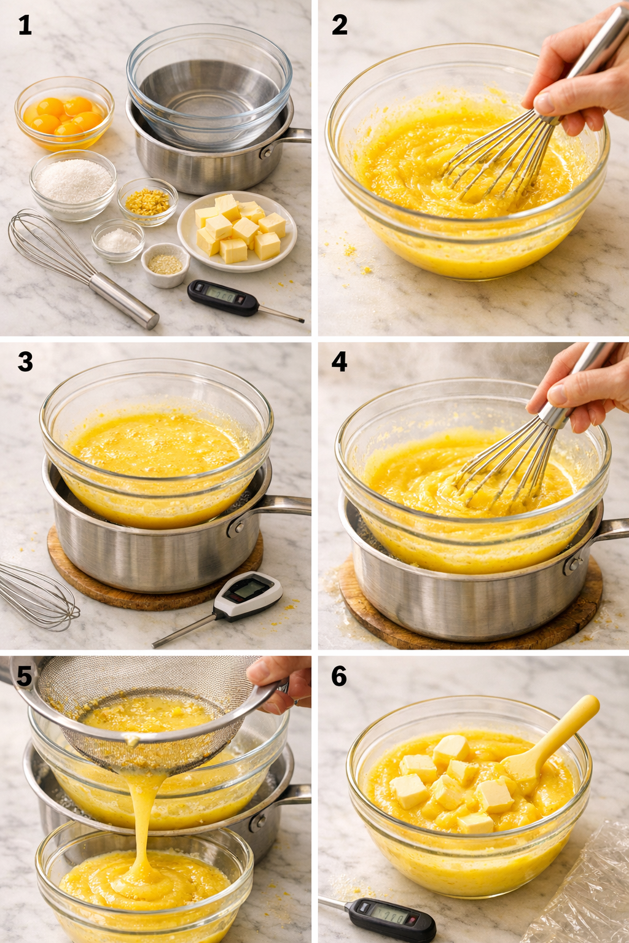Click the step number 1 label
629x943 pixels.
pos(25,25)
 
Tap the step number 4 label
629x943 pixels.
pos(339,362)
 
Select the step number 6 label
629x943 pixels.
pos(339,676)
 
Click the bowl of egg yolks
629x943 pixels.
pos(64,115)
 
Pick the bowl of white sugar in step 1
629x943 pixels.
pos(72,182)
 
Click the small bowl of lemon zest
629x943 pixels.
pos(147,201)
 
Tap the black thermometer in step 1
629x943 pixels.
pos(222,298)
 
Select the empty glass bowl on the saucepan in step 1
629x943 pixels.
pos(209,86)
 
